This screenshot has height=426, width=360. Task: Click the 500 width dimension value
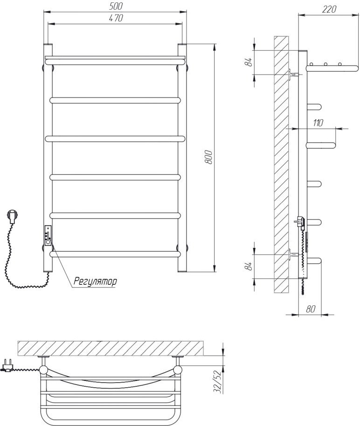pyautogui.click(x=116, y=6)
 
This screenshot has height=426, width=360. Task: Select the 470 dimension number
pyautogui.click(x=116, y=18)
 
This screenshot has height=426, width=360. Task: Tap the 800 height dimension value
pyautogui.click(x=208, y=157)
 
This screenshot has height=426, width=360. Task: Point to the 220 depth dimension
pyautogui.click(x=329, y=9)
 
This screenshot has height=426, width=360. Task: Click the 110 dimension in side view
pyautogui.click(x=318, y=123)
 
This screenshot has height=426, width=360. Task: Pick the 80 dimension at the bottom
pyautogui.click(x=311, y=309)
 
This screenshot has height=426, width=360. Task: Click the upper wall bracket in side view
pyautogui.click(x=293, y=74)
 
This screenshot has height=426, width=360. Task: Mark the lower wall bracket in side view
pyautogui.click(x=293, y=254)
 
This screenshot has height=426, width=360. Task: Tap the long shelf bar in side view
pyautogui.click(x=332, y=68)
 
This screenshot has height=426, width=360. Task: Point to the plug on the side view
pyautogui.click(x=300, y=222)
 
